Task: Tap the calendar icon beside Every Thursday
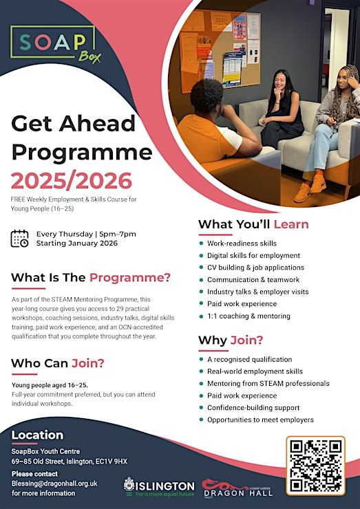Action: pos(19,239)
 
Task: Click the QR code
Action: pos(316,466)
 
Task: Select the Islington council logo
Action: pos(159,486)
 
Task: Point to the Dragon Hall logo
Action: pos(237,488)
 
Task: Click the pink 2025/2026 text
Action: pos(72,181)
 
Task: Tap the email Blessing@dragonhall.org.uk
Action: pos(54,484)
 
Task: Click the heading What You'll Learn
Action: pos(253,224)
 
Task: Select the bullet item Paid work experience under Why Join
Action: pos(242,396)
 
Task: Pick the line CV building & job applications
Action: pos(255,268)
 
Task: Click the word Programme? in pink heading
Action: pos(130,278)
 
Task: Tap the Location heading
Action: pos(37,435)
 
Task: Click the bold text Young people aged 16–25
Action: pos(50,385)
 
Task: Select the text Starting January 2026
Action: pos(77,243)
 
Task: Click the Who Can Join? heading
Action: pos(58,363)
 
